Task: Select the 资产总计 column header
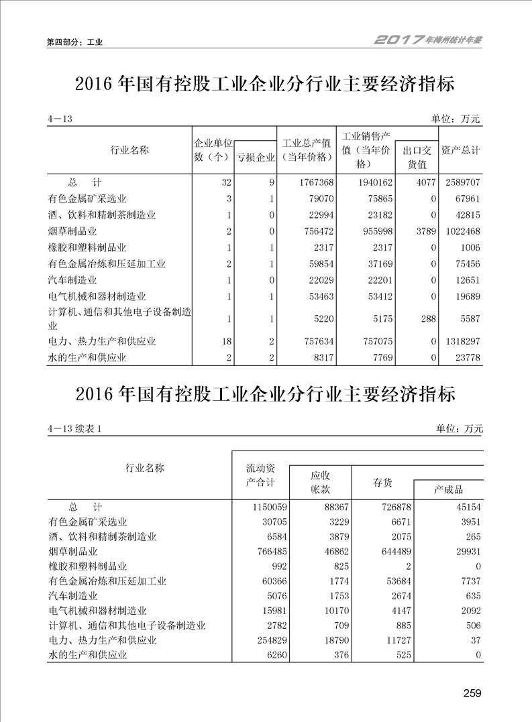(x=460, y=150)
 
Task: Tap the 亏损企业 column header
(x=255, y=158)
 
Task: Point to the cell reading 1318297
(x=461, y=341)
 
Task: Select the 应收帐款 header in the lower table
(x=320, y=482)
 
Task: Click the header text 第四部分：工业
(x=74, y=42)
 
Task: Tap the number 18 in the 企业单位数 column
(x=227, y=341)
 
